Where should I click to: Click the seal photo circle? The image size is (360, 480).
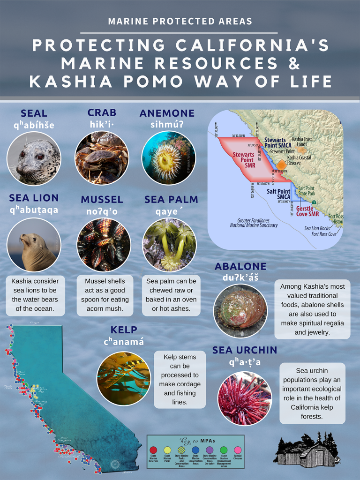point(34,158)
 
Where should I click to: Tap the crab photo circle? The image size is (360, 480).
point(102,158)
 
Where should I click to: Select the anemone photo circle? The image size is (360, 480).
point(168,158)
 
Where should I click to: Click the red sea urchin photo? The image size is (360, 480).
point(244,398)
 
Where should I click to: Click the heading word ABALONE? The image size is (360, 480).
point(240,266)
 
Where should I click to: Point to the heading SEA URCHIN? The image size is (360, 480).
point(244,350)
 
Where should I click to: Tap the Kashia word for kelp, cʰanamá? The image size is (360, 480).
point(124,342)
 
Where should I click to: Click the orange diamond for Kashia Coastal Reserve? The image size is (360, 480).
point(281,165)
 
